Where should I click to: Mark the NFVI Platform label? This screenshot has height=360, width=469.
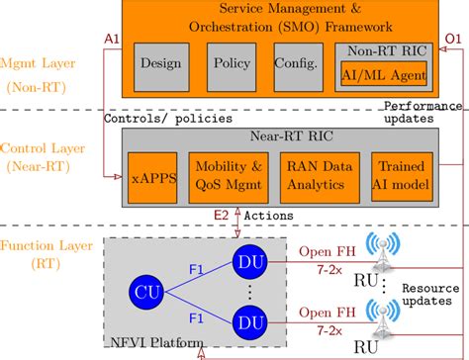coord(151,341)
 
